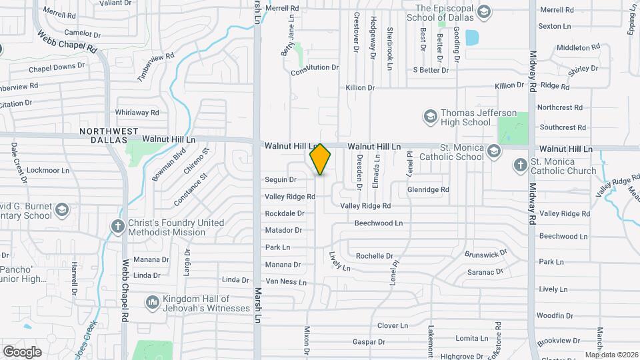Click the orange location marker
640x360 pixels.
coord(321,159)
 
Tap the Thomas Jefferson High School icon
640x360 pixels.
coord(430,117)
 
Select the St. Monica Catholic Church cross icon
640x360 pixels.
coord(520,164)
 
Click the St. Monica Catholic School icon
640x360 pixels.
coord(494,151)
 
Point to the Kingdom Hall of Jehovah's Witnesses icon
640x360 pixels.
coord(152,303)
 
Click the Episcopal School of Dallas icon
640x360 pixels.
coord(483,11)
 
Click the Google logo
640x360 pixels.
coord(22,352)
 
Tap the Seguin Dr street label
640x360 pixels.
coord(281,179)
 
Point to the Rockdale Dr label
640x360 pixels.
coord(285,213)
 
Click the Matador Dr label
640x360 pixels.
coord(284,230)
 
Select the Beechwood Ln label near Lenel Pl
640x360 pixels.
coord(379,223)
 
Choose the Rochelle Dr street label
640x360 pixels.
coord(375,255)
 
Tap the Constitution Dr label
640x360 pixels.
coord(315,67)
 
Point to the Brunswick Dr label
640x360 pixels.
coord(486,254)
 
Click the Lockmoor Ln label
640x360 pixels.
coord(51,171)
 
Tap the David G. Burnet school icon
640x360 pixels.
coord(62,210)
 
